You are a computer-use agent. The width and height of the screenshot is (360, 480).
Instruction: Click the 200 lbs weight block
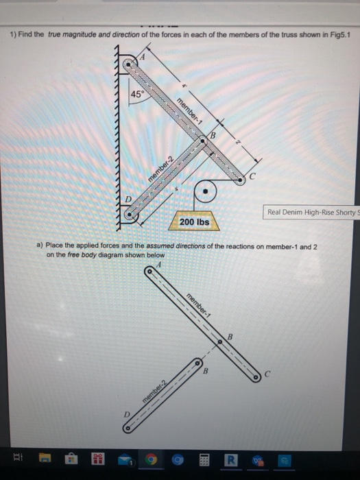193,223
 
